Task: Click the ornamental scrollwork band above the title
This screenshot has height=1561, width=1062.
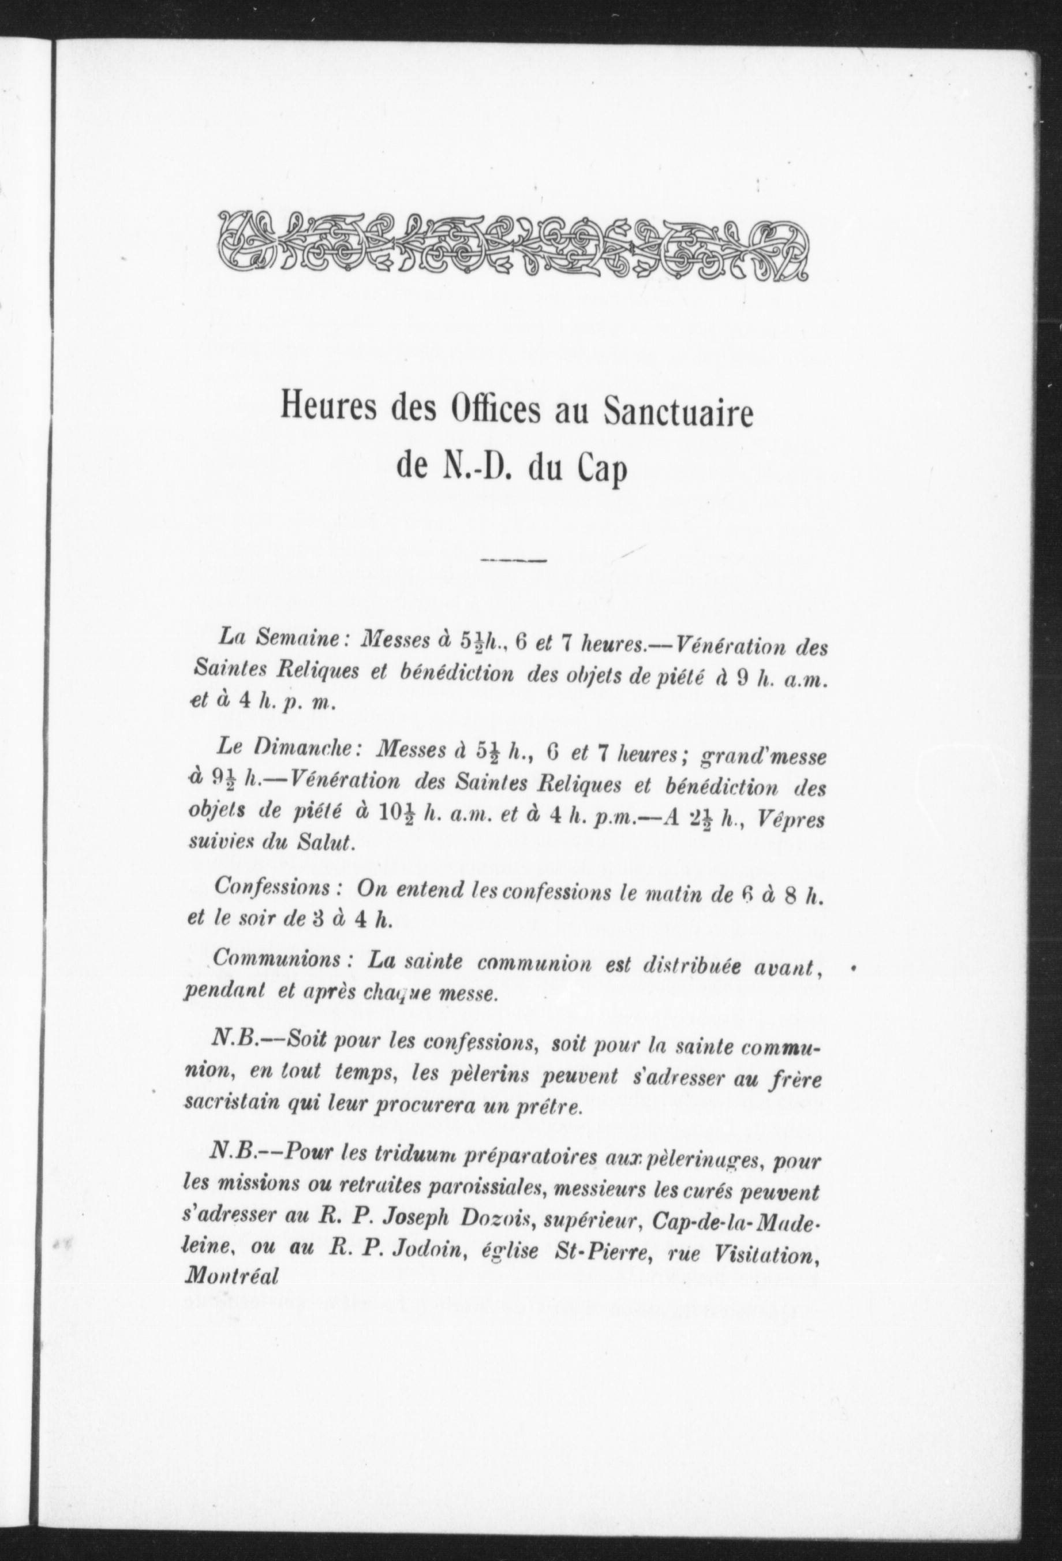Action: coord(514,247)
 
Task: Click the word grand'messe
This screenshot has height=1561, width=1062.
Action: coord(763,756)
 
